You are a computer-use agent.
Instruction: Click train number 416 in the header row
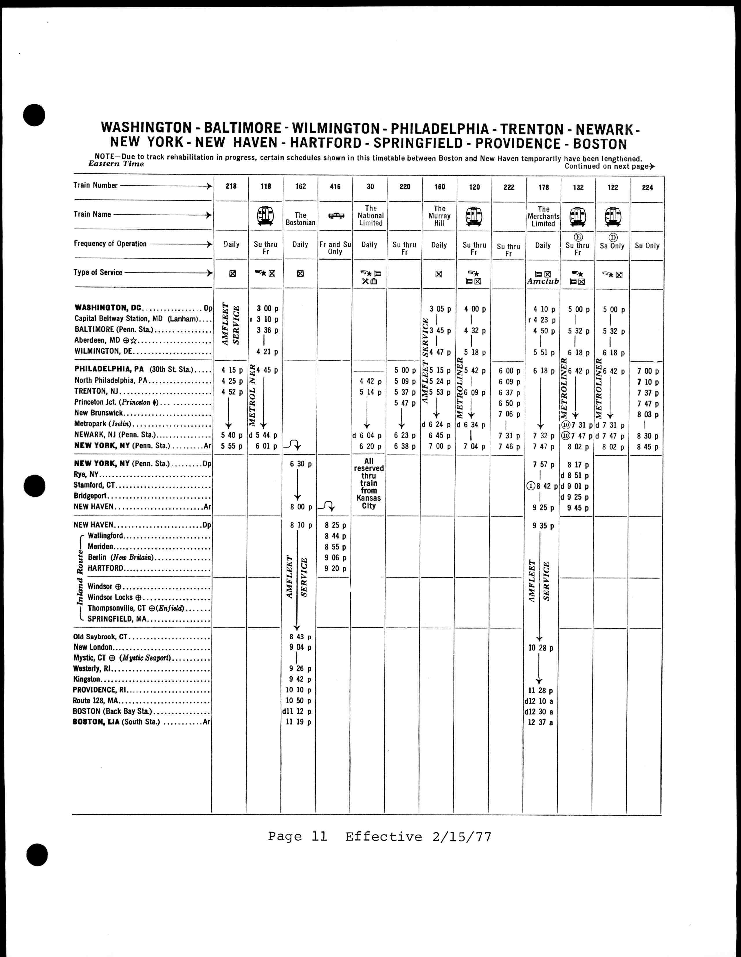click(x=335, y=187)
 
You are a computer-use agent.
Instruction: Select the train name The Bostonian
click(x=300, y=219)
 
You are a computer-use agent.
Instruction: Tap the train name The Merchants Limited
click(x=543, y=216)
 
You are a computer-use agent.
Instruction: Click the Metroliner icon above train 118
click(x=265, y=215)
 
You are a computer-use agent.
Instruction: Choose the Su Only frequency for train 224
click(x=647, y=246)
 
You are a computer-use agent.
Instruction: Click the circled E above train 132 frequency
click(x=578, y=237)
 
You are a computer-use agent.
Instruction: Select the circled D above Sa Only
click(x=613, y=237)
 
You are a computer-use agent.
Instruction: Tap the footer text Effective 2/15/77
click(x=418, y=837)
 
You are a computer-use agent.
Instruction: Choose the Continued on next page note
click(x=609, y=167)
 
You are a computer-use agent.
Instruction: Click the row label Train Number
click(x=96, y=185)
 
